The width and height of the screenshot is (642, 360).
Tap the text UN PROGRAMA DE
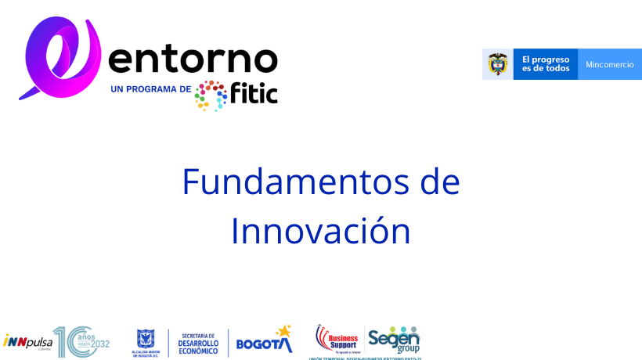(x=151, y=89)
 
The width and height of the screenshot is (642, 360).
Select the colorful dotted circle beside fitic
(x=211, y=95)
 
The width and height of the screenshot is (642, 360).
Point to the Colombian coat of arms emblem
(x=497, y=64)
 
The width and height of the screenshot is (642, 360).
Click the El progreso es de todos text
(x=546, y=64)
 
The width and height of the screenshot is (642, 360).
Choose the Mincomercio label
(x=609, y=64)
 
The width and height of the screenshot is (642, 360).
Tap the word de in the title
(x=439, y=182)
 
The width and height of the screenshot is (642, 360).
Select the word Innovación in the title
(x=320, y=231)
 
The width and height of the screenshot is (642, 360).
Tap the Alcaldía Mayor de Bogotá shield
(x=146, y=339)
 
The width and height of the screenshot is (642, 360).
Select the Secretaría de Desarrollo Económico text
(x=198, y=342)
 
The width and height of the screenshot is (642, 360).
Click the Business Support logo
(x=337, y=339)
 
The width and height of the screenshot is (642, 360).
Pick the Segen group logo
(x=395, y=339)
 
